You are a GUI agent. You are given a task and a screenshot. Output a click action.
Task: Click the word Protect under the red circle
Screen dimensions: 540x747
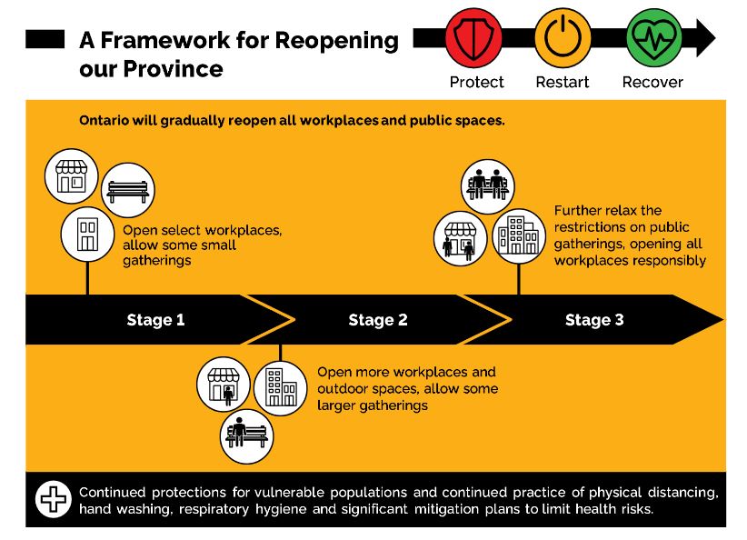(x=476, y=82)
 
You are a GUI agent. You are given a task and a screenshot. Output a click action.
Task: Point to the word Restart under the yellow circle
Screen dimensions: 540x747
(x=563, y=82)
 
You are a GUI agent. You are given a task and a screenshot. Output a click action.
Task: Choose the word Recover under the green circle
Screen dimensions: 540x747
(x=652, y=82)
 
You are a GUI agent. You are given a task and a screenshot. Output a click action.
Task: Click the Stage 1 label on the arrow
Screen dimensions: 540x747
(x=155, y=320)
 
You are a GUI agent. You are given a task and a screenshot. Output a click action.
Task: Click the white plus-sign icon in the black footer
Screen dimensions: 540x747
(x=54, y=499)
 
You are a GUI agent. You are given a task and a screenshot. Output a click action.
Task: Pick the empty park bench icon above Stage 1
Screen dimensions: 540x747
(x=127, y=190)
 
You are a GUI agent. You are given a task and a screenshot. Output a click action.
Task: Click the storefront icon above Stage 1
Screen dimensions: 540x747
(x=72, y=175)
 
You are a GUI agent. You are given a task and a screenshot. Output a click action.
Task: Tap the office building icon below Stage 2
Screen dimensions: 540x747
(x=281, y=387)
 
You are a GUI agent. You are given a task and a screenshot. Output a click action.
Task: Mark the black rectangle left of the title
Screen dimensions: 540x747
(x=45, y=39)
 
